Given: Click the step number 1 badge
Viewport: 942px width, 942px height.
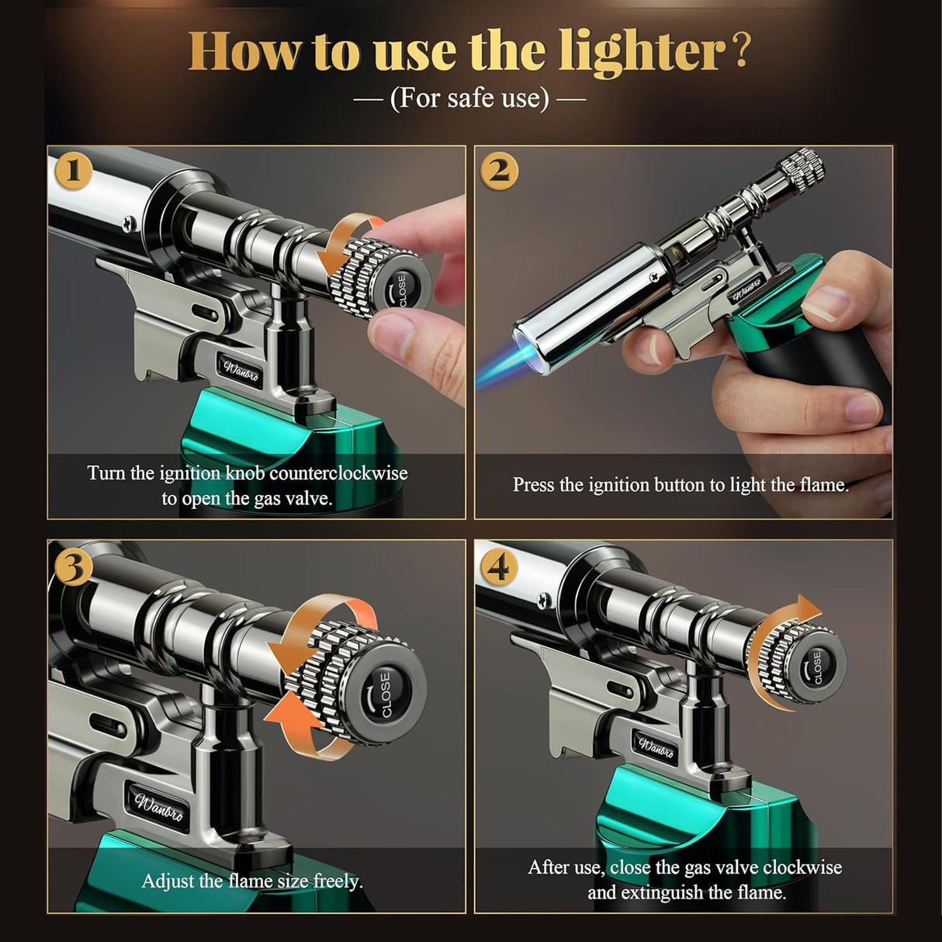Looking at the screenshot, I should [x=74, y=171].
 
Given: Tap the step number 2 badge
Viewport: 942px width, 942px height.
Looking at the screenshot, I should [x=500, y=171].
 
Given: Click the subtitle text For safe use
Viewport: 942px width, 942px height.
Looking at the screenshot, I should [x=469, y=98].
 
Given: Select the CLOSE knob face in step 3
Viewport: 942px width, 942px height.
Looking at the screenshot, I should [x=386, y=694].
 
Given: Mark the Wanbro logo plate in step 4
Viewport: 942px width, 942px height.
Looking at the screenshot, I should [x=656, y=747].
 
